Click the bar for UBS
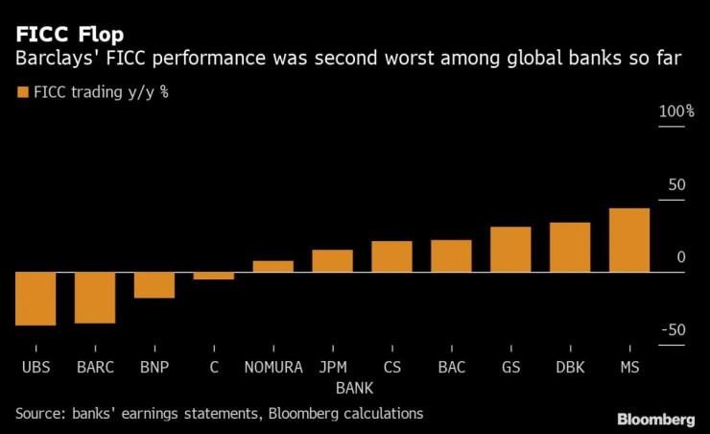[35, 299]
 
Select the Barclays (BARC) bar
[95, 298]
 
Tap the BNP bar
[154, 285]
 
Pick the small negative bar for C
[214, 276]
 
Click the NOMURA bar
[273, 266]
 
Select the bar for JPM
[333, 261]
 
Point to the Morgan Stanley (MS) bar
[629, 240]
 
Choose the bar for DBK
[570, 248]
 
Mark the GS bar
[510, 250]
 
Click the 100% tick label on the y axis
[676, 112]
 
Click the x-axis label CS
[391, 367]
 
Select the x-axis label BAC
[451, 367]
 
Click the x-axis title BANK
[354, 388]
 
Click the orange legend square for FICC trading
[22, 92]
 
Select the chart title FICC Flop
[68, 35]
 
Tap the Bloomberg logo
[655, 420]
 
